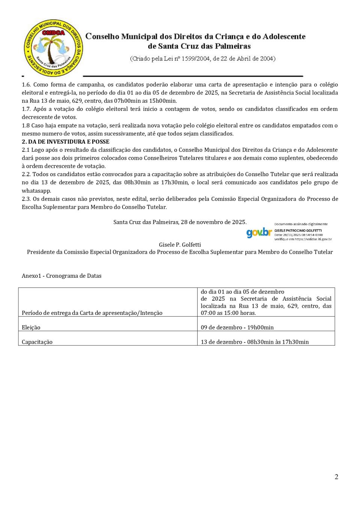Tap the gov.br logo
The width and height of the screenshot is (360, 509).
coord(259,232)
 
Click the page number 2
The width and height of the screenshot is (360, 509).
coord(336,477)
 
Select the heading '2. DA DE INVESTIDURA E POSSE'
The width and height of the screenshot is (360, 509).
coord(66,142)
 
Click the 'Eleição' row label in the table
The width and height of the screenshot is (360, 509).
coord(31,327)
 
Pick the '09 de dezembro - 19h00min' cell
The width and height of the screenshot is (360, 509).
coord(237,327)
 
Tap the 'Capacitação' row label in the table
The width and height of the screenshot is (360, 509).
coord(37,342)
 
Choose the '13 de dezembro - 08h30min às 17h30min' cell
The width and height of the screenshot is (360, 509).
coord(255,342)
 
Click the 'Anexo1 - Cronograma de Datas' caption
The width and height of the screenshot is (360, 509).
coord(61,275)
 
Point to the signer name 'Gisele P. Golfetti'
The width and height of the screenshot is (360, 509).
coord(180,244)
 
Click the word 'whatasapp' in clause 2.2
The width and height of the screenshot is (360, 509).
coord(36,190)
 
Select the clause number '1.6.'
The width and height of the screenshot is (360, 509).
coord(27,84)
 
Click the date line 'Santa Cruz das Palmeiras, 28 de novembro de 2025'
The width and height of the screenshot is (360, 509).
coord(180,222)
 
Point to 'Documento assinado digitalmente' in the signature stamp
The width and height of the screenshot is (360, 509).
coord(301,224)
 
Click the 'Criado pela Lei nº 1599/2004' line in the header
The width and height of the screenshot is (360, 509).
coord(202,58)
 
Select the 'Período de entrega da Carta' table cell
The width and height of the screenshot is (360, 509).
coord(92,313)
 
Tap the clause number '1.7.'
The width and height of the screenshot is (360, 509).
coord(27,109)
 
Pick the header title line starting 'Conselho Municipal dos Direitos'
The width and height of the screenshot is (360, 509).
coord(195,37)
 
